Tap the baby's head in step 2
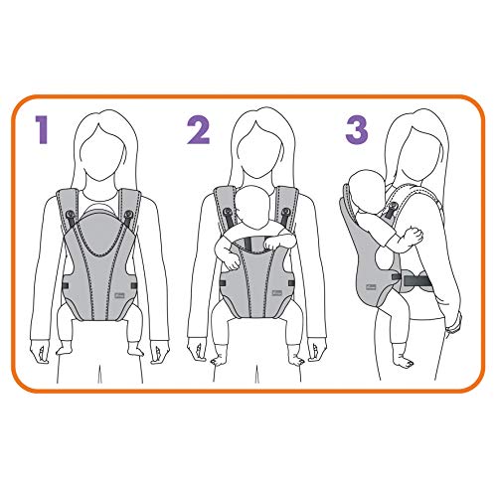click(x=254, y=211)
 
